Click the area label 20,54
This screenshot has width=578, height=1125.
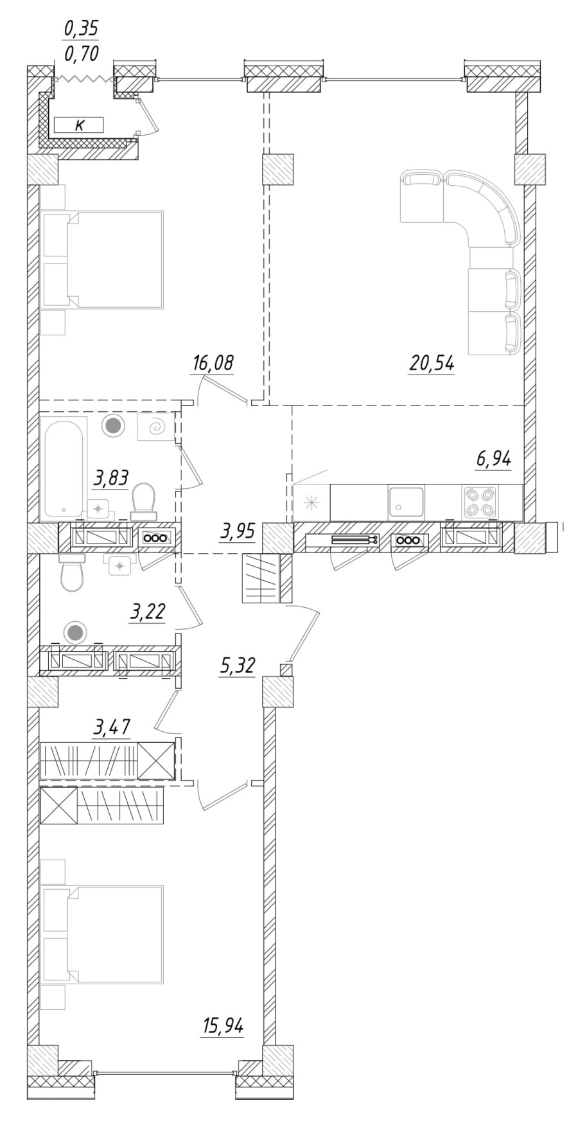[x=432, y=364]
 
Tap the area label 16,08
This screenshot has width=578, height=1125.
[x=213, y=364]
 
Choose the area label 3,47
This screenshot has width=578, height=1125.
[x=112, y=727]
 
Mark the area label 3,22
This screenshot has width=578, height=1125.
[x=147, y=612]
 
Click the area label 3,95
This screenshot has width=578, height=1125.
[x=238, y=531]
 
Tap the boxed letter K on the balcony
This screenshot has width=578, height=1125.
[x=79, y=125]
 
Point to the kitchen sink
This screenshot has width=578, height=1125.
[x=406, y=502]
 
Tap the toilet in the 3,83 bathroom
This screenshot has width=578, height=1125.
[x=143, y=500]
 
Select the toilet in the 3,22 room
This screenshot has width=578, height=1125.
[x=72, y=574]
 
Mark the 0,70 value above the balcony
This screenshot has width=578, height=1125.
[x=81, y=55]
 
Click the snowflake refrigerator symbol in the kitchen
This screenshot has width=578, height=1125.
[x=311, y=502]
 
